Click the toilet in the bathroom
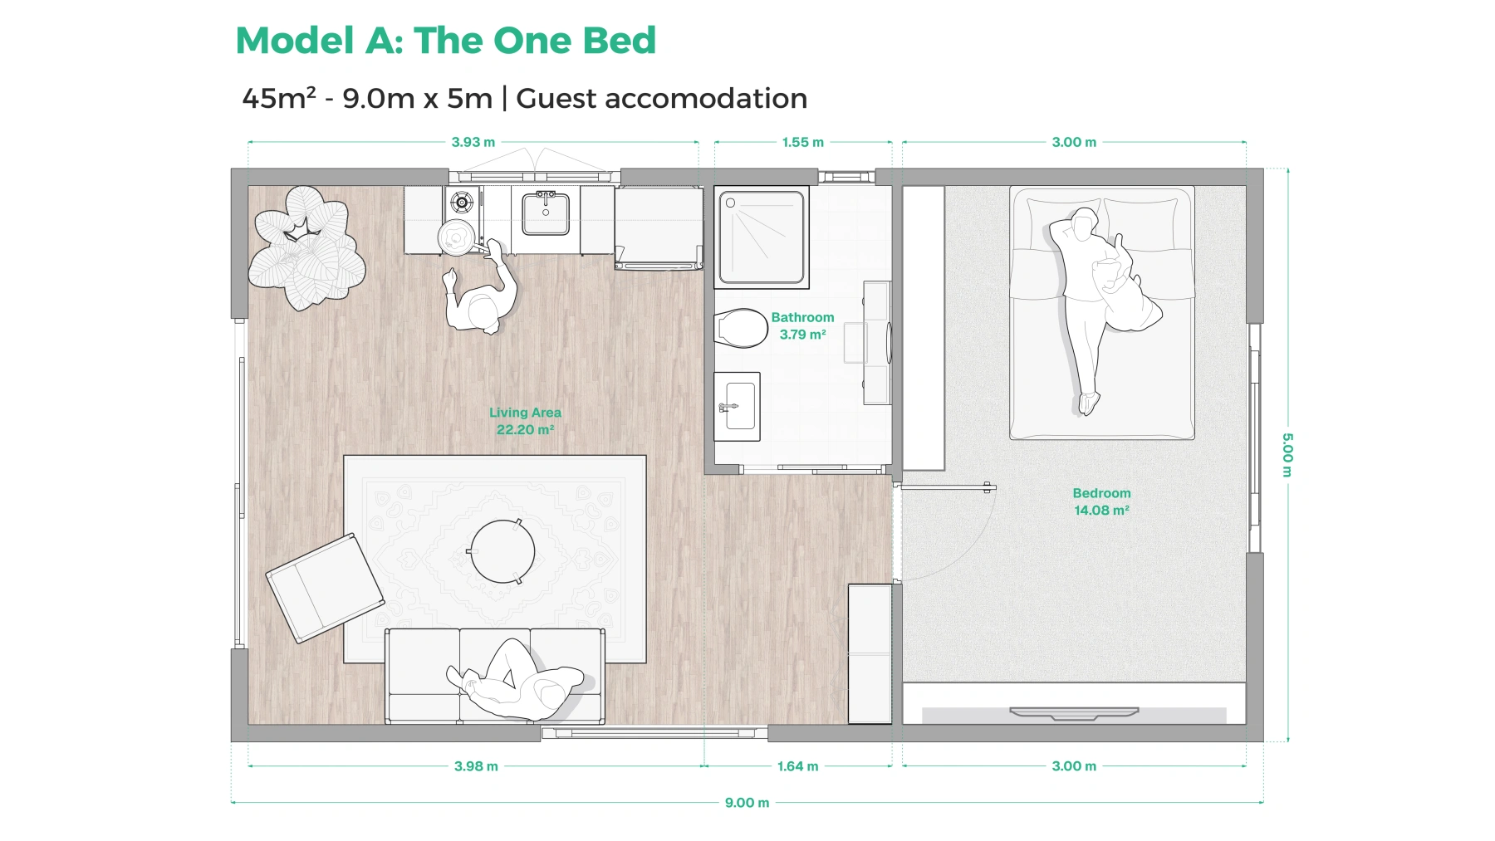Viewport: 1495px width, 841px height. (x=741, y=329)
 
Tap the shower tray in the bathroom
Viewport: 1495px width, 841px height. (x=761, y=237)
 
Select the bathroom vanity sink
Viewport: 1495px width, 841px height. (x=738, y=407)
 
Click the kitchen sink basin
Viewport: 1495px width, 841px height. (x=546, y=214)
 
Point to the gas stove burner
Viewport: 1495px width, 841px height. (x=461, y=202)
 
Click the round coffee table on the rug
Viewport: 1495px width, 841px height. (x=502, y=551)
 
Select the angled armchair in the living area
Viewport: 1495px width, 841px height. (x=325, y=588)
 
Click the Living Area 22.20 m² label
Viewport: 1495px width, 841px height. (x=525, y=421)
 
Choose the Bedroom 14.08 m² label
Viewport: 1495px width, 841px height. (x=1101, y=501)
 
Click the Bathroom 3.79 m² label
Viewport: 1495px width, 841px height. (x=802, y=325)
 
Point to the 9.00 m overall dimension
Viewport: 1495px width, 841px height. (x=747, y=803)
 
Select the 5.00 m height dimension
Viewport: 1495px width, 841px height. (x=1287, y=455)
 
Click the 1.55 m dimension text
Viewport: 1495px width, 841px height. (x=802, y=142)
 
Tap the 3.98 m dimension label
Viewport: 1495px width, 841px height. (x=476, y=766)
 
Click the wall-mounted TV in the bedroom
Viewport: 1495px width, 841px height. (x=1073, y=713)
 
